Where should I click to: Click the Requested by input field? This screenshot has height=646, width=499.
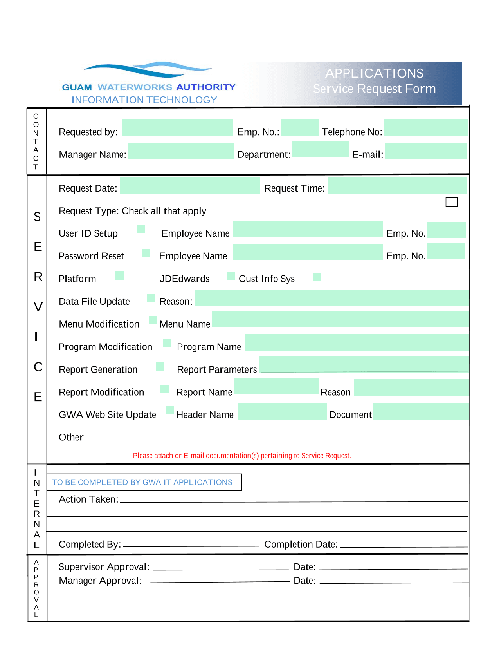click(177, 128)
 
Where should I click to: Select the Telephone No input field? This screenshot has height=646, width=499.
click(425, 128)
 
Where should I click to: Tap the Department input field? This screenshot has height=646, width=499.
click(321, 150)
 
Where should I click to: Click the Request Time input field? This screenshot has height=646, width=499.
click(397, 185)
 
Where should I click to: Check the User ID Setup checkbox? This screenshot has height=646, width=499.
click(141, 230)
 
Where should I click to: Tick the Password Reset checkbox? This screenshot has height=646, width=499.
click(146, 253)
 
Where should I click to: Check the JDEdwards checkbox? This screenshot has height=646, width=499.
click(231, 276)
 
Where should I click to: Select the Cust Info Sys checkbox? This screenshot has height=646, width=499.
click(317, 277)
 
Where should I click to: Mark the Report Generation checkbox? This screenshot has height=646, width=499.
click(160, 366)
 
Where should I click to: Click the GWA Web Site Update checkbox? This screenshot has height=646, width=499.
click(170, 410)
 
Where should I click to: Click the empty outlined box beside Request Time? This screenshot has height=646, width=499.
click(451, 202)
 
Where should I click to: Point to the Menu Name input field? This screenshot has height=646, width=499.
click(340, 319)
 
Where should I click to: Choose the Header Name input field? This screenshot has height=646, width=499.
click(282, 411)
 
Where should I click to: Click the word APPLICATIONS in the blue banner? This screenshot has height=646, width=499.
click(374, 73)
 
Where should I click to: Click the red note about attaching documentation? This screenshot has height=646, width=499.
click(242, 456)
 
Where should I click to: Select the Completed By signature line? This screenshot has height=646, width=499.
click(191, 545)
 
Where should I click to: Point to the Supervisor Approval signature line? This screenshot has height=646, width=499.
click(220, 569)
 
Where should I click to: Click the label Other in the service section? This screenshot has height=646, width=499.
click(71, 437)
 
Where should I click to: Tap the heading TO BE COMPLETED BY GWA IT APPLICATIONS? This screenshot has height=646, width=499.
click(142, 482)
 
